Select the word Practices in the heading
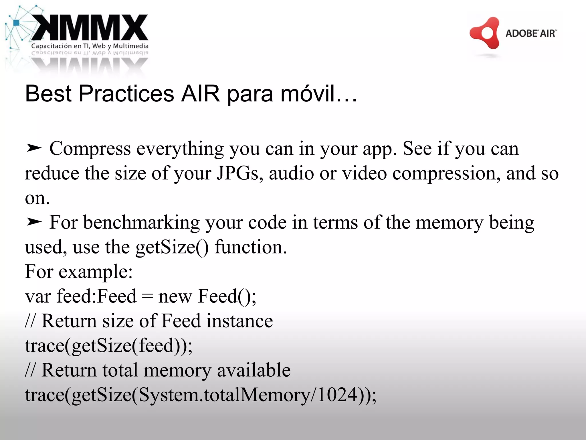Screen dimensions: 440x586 [x=126, y=93]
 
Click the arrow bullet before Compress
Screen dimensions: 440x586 [x=34, y=148]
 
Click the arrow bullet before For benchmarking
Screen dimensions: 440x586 [x=34, y=222]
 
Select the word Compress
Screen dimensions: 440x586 [x=90, y=149]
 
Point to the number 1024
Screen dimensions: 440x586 [x=338, y=395]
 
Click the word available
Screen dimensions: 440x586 [x=254, y=370]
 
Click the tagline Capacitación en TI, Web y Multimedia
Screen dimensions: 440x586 [x=90, y=46]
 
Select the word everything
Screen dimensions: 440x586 [x=180, y=149]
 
